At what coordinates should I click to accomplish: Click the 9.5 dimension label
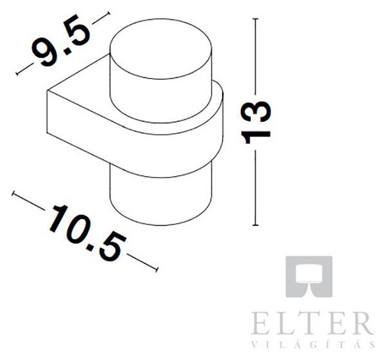(x=61, y=41)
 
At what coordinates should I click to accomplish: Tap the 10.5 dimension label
(x=88, y=232)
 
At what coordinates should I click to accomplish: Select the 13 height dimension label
(x=256, y=122)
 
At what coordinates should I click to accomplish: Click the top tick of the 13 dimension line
(x=255, y=19)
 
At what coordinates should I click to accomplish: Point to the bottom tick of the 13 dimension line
(x=255, y=225)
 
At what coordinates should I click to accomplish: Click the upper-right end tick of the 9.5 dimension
(x=108, y=14)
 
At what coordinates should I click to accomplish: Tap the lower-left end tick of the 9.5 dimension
(x=17, y=73)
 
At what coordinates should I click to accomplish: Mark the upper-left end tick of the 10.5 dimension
(x=14, y=193)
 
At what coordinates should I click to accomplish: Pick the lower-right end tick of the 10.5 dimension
(x=156, y=269)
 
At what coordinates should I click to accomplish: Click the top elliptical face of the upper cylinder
(x=161, y=49)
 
